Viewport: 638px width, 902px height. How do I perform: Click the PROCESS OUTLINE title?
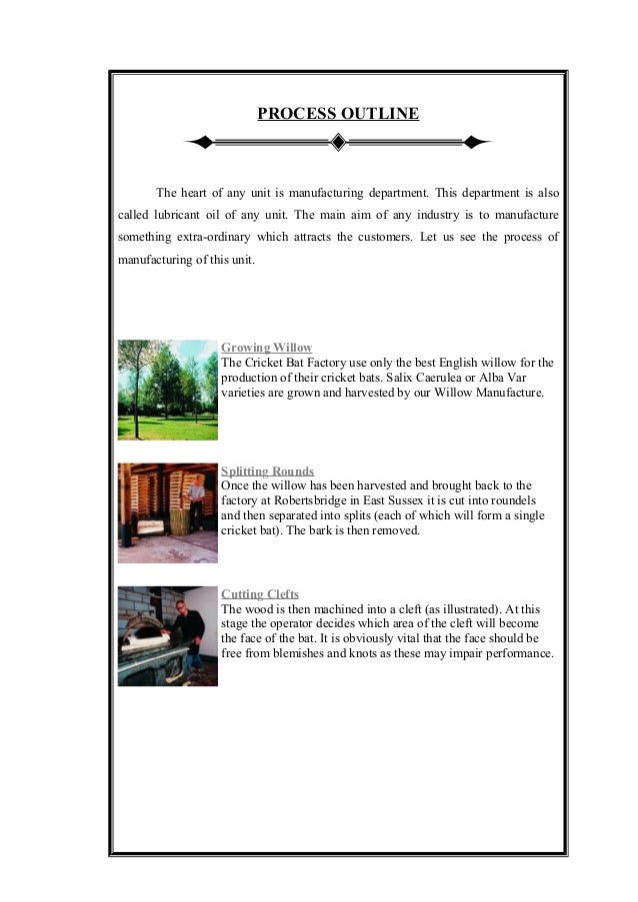(338, 114)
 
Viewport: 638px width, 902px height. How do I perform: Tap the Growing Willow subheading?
(266, 348)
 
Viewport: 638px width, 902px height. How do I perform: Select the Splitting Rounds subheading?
(267, 470)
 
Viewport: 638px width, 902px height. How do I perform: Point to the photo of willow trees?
(167, 390)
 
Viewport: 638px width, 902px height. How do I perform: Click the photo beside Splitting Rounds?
(167, 512)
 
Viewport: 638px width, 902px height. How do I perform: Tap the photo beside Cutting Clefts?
(167, 635)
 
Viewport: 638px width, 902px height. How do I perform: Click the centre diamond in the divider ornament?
(338, 143)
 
